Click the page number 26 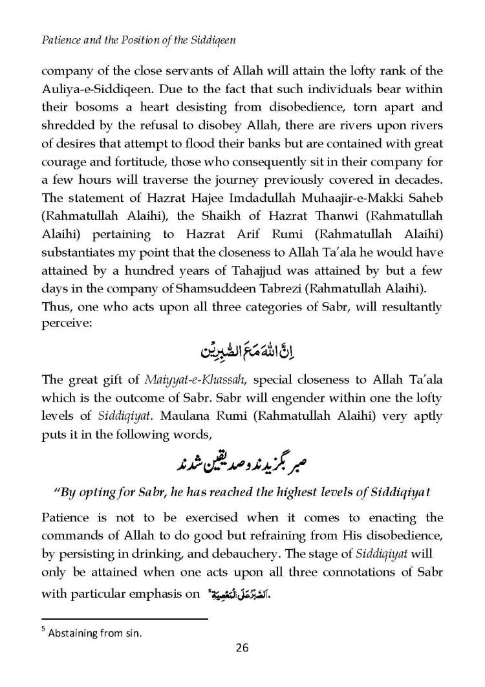point(242,648)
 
